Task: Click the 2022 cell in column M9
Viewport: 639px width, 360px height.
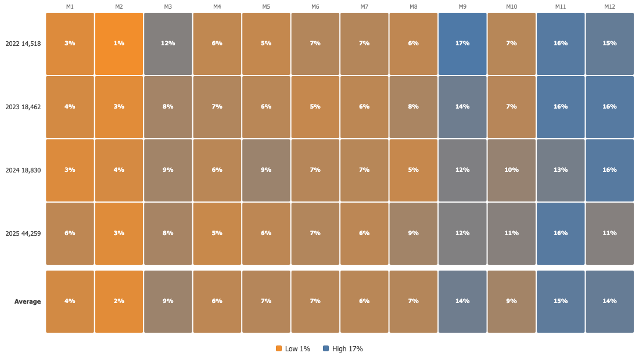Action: [x=462, y=44]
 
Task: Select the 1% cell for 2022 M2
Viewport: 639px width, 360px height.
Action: [x=119, y=44]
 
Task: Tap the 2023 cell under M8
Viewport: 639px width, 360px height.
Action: [x=413, y=107]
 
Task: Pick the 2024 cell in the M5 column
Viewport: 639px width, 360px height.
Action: [x=266, y=170]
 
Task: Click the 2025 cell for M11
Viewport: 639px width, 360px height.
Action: [x=561, y=234]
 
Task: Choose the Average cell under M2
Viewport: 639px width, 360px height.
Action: [x=119, y=302]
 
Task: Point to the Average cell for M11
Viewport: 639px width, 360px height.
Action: [x=561, y=302]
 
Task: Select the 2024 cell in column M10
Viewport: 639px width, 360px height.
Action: [x=511, y=170]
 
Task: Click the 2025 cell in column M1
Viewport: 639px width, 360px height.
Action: [x=70, y=234]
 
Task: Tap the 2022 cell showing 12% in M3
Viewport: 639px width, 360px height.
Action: [x=168, y=44]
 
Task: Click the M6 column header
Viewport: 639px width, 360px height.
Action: [x=315, y=7]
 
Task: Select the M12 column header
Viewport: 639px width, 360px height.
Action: [x=609, y=7]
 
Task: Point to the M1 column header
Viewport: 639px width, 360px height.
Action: [x=70, y=7]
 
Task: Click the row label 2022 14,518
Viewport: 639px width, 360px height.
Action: [x=23, y=44]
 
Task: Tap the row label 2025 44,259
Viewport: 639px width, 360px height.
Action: [x=23, y=234]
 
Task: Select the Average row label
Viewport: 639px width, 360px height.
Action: [x=28, y=302]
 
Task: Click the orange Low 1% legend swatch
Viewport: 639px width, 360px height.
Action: [x=279, y=348]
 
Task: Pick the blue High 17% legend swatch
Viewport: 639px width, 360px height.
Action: [x=326, y=348]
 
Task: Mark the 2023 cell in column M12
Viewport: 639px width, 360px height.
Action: [x=609, y=107]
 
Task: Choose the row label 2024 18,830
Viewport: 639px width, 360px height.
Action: [x=23, y=170]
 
